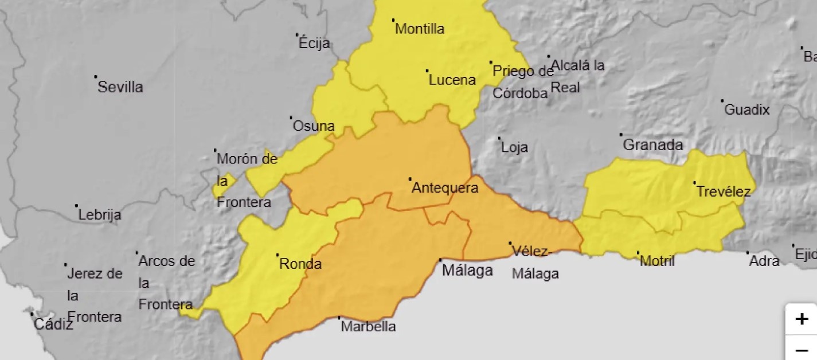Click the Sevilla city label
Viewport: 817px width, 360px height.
(120, 88)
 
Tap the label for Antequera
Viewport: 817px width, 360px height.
(445, 187)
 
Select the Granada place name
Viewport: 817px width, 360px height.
(653, 145)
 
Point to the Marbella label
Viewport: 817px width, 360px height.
(368, 327)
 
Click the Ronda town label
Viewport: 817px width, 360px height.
(300, 264)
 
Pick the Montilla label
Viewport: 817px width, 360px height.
(420, 29)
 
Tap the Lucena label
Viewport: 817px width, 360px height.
(452, 80)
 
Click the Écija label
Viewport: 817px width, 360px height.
(315, 44)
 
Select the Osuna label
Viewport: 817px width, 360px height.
(314, 126)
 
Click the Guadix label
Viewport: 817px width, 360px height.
(746, 109)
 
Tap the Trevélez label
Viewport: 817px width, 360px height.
(723, 191)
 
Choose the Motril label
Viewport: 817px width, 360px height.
(657, 261)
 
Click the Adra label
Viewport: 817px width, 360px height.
(764, 261)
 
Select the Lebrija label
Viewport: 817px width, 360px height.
(100, 215)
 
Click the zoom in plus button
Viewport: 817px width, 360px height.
(802, 319)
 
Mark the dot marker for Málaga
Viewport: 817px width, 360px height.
(440, 260)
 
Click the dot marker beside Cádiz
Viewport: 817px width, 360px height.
(32, 314)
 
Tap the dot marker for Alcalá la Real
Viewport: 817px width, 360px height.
(549, 56)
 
